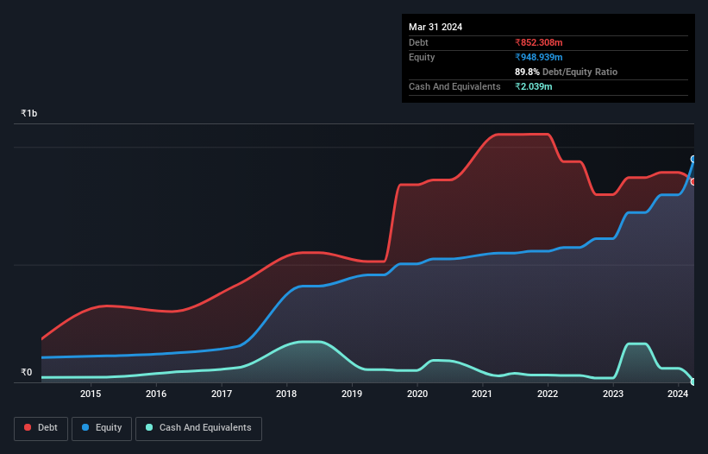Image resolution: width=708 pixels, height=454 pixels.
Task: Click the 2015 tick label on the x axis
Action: tap(91, 394)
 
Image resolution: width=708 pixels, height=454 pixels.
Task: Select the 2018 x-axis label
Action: tap(286, 394)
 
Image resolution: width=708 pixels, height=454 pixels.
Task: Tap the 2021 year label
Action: tap(482, 394)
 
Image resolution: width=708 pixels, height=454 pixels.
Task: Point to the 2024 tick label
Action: tap(678, 394)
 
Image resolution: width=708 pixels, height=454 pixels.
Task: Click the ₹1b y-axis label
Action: tap(29, 114)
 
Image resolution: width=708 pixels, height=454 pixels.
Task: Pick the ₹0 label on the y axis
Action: tap(27, 373)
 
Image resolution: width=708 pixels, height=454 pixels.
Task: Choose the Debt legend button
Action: tap(40, 428)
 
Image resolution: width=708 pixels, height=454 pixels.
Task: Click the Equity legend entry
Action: tap(103, 428)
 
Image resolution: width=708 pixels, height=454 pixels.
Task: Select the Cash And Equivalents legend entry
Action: tap(198, 428)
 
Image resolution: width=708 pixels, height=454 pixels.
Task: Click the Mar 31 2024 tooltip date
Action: tap(435, 27)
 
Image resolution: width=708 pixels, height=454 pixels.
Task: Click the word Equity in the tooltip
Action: tap(423, 57)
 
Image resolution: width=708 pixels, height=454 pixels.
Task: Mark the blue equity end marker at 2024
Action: tap(693, 159)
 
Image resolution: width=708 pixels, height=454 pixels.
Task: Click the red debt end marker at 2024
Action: tap(693, 181)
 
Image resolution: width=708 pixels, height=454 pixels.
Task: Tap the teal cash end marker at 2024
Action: tap(693, 381)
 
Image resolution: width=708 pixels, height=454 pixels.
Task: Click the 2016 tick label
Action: tap(156, 394)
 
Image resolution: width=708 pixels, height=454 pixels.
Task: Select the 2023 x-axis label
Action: tap(612, 394)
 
